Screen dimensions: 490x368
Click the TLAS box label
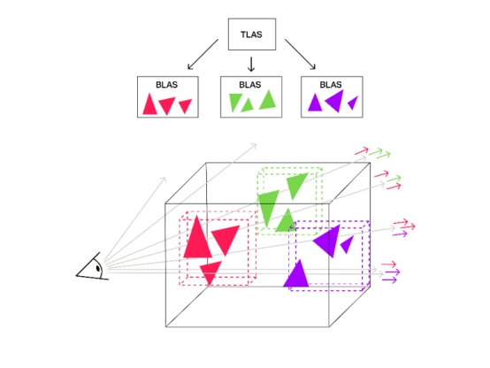(x=251, y=34)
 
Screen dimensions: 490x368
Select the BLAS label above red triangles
(x=166, y=85)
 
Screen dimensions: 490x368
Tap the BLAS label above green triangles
(x=250, y=85)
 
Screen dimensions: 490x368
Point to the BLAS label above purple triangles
(x=331, y=85)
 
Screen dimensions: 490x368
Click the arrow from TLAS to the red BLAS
(x=203, y=54)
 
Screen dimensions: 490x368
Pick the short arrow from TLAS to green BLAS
(x=251, y=64)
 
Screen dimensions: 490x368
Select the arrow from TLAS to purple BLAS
(x=300, y=54)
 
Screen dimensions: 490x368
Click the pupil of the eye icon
(x=98, y=268)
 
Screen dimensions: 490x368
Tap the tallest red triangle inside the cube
(x=197, y=241)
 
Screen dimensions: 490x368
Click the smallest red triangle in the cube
(x=211, y=272)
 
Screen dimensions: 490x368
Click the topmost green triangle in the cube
(x=295, y=184)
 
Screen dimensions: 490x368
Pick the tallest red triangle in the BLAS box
(x=149, y=105)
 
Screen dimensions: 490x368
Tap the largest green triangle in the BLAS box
(x=268, y=101)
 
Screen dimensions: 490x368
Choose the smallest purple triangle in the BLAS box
(x=354, y=103)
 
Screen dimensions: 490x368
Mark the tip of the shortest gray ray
(x=165, y=178)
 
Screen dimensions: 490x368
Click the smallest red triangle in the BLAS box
(x=185, y=105)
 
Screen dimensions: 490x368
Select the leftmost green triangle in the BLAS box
(x=235, y=101)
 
